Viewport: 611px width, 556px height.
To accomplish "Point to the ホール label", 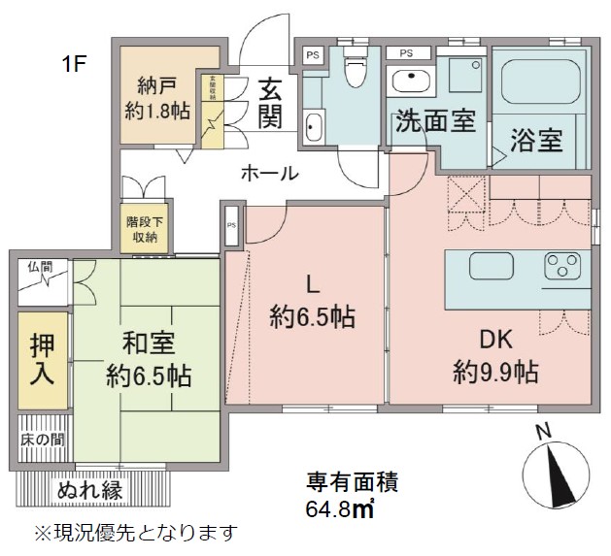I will pyautogui.click(x=268, y=173).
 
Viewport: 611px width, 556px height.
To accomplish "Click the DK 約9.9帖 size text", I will pyautogui.click(x=495, y=372).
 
